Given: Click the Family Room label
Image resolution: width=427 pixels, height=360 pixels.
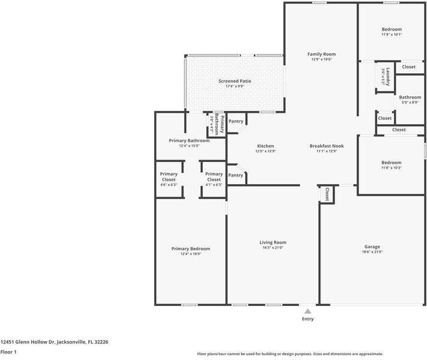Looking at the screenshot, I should pyautogui.click(x=321, y=54).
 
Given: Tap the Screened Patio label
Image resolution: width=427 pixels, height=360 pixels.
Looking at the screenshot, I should pyautogui.click(x=234, y=81).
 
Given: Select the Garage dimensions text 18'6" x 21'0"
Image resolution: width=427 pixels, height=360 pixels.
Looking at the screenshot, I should pyautogui.click(x=372, y=252).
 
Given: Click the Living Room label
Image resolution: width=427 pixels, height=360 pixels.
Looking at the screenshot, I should pyautogui.click(x=272, y=242).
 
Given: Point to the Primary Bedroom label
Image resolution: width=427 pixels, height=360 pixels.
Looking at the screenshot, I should pyautogui.click(x=191, y=248).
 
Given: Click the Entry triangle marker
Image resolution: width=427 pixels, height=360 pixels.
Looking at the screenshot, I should pyautogui.click(x=308, y=311).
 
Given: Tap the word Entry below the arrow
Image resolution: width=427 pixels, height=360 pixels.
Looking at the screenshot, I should pyautogui.click(x=308, y=319).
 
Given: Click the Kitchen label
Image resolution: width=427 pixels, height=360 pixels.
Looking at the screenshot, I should pyautogui.click(x=266, y=146).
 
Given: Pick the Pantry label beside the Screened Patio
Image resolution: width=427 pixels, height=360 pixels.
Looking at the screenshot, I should pyautogui.click(x=236, y=121).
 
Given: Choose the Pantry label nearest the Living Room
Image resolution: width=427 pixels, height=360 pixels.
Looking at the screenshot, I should pyautogui.click(x=236, y=175).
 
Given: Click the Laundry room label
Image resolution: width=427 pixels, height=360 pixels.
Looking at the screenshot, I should pyautogui.click(x=388, y=75).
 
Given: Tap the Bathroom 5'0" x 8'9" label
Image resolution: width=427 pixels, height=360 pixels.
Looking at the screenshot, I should pyautogui.click(x=410, y=97).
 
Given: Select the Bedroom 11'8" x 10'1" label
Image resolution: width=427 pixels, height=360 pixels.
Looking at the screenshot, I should pyautogui.click(x=392, y=29).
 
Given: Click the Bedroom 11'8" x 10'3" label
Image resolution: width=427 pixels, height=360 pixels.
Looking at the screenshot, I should pyautogui.click(x=392, y=162).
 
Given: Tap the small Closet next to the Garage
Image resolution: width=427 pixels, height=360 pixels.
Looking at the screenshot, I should pyautogui.click(x=327, y=194).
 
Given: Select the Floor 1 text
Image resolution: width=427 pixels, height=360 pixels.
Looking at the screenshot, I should pyautogui.click(x=8, y=352).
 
